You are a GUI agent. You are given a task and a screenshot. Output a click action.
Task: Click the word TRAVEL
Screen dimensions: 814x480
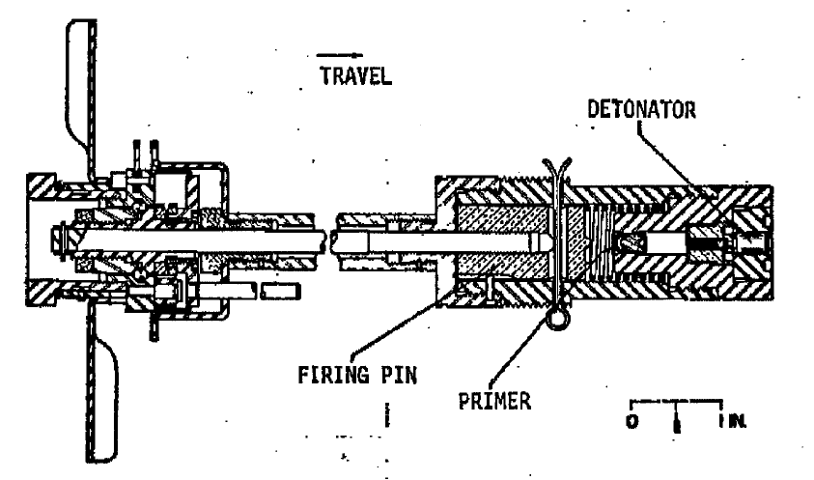coord(356,76)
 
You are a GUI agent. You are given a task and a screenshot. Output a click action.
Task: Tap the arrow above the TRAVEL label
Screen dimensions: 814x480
coord(340,54)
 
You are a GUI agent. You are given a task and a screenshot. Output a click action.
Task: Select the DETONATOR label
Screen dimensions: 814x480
coord(642,109)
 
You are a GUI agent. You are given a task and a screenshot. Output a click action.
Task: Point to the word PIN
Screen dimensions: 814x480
coord(399,375)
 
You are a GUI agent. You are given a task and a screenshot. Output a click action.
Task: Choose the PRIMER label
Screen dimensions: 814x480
coord(494,401)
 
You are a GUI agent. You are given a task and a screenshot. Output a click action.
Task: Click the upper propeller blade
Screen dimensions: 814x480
coord(81,99)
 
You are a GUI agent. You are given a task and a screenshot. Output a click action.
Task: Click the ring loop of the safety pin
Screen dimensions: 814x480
coord(557,318)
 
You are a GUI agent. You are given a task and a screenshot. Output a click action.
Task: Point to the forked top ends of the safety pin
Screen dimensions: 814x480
coord(556,169)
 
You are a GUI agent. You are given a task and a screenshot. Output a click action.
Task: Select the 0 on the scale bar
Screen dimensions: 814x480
coord(632,421)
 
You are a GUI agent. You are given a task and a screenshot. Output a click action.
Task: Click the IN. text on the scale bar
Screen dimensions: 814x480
coord(733,421)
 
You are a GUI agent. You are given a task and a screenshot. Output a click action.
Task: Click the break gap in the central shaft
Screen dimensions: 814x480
coord(327,242)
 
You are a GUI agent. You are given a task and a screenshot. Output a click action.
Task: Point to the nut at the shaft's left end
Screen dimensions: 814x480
coord(57,241)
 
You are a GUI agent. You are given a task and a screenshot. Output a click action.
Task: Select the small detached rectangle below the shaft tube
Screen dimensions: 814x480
coord(280,292)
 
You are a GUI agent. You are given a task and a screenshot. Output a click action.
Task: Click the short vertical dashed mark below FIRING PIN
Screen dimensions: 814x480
coord(387,415)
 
